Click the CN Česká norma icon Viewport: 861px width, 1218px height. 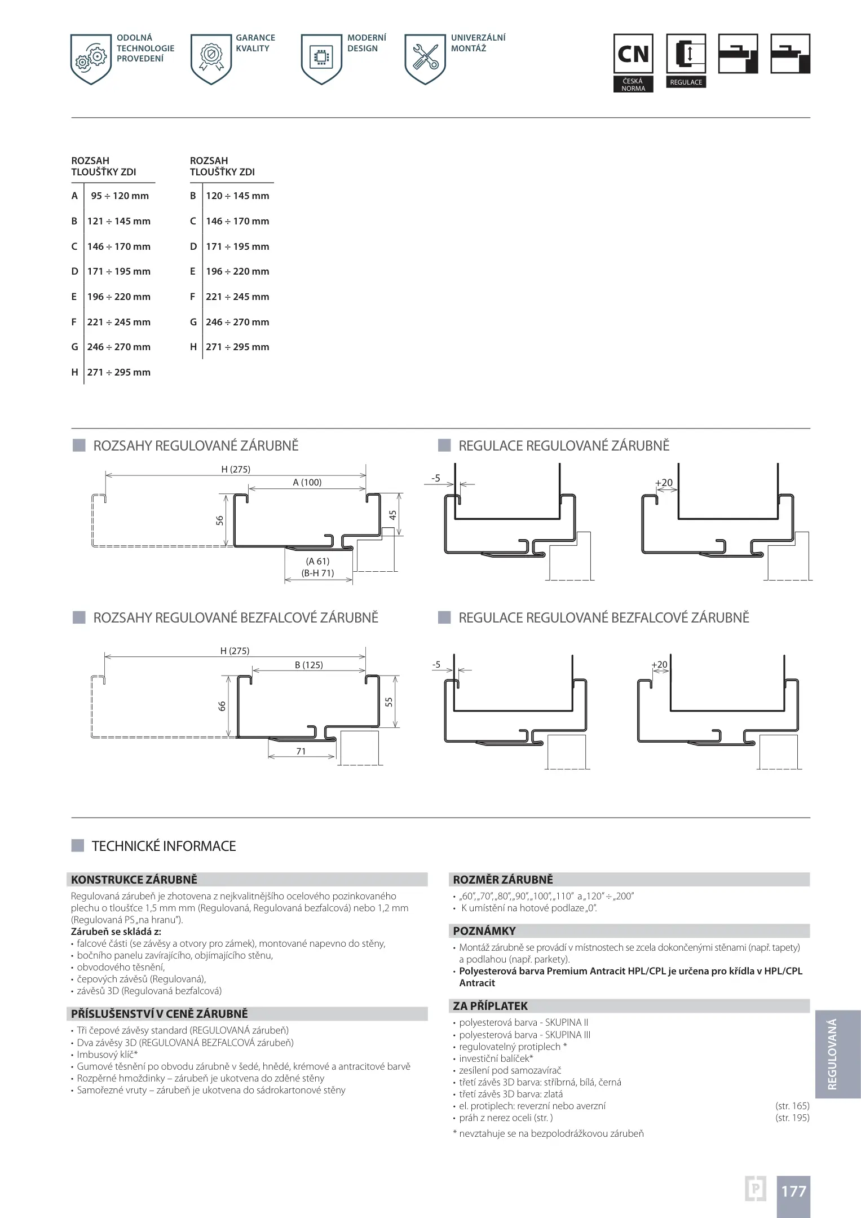633,55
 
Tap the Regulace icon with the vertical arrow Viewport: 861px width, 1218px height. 686,55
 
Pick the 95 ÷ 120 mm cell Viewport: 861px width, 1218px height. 120,196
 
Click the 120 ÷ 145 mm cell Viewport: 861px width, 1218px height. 237,196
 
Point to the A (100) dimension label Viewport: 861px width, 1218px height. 307,483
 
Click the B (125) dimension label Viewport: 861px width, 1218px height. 309,665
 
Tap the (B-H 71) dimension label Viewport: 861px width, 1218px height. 318,573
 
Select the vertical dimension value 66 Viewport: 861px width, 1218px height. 222,706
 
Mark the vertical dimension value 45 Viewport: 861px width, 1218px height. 393,515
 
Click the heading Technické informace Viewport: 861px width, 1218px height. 164,846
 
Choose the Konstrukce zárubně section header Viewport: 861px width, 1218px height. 134,880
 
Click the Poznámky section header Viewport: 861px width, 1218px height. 484,931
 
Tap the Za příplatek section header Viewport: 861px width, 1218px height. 491,1006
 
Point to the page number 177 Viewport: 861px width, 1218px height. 793,1191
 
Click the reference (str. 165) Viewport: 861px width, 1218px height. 792,1106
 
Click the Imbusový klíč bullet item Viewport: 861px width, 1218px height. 108,1054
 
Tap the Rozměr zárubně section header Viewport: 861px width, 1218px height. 503,880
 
